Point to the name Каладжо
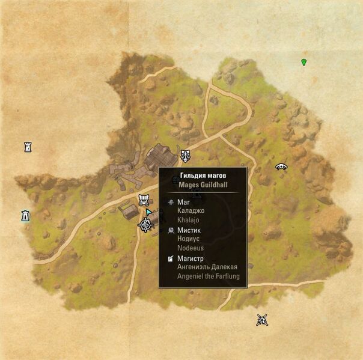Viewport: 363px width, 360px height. click(192, 211)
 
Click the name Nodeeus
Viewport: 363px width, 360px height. click(192, 248)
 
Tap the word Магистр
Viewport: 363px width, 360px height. click(192, 258)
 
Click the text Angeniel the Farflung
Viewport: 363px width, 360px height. click(208, 276)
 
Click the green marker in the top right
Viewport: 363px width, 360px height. click(304, 62)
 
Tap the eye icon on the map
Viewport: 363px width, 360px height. click(281, 166)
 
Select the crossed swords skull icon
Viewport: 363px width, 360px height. click(261, 320)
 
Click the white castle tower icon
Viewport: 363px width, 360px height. click(28, 147)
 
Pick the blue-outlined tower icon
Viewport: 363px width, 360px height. click(25, 215)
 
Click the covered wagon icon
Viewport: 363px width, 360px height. click(144, 200)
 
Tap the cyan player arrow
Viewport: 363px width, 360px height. click(148, 212)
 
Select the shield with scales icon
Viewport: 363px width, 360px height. click(186, 156)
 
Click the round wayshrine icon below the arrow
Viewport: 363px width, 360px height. click(145, 225)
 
